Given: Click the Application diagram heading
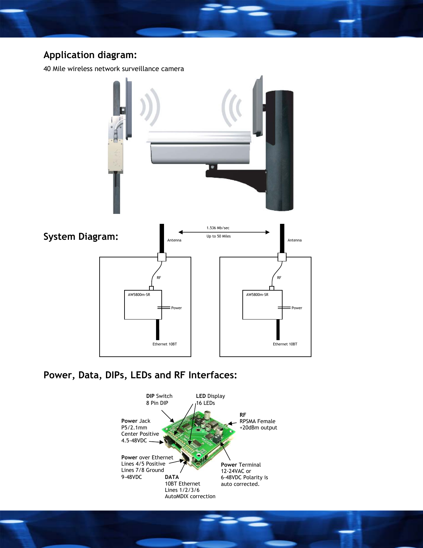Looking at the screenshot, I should coord(90,55).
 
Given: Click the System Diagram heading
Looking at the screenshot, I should coord(81,236).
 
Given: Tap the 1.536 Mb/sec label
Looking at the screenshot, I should coord(218,228).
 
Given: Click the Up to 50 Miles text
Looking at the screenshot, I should coord(218,236).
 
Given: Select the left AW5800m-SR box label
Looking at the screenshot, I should coord(139,295).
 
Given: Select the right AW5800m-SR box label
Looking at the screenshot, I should coord(257,295).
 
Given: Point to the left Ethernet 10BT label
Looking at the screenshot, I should coord(165,344).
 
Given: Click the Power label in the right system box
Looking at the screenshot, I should coord(297,308).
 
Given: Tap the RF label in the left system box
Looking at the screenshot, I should coord(159,278).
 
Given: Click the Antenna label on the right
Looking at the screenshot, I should coord(295,240).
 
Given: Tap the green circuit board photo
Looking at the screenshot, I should coord(199,438).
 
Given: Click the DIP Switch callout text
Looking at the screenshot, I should coord(159,396).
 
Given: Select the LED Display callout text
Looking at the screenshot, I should coord(211,396).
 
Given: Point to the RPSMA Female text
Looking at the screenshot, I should coord(257,421).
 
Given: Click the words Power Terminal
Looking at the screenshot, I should coord(241,465).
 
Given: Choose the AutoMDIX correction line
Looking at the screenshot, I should coord(190,496).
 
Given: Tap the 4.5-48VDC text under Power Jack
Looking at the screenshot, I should coord(134,440).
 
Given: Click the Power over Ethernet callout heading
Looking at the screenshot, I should coord(147,457).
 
